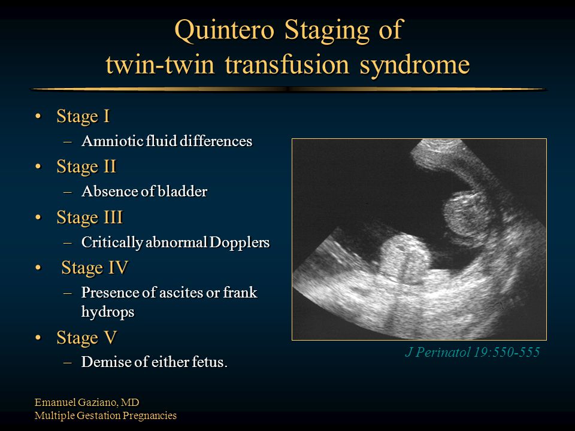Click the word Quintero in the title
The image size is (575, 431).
tap(225, 31)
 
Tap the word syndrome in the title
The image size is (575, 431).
tap(414, 65)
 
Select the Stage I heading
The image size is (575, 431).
tap(83, 117)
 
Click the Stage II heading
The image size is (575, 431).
tap(86, 167)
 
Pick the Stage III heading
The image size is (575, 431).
tap(89, 218)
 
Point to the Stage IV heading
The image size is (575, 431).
tap(95, 268)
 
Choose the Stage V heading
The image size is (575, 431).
tap(87, 338)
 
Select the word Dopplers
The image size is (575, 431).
tap(240, 242)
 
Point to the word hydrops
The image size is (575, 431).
tap(108, 312)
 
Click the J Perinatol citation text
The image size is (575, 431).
tap(473, 352)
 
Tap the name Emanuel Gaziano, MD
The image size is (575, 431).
tap(87, 402)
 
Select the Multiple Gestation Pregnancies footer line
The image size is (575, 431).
tap(105, 415)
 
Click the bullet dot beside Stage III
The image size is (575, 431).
tap(38, 218)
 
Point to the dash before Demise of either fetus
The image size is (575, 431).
tap(68, 363)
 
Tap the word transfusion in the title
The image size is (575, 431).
tap(287, 65)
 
